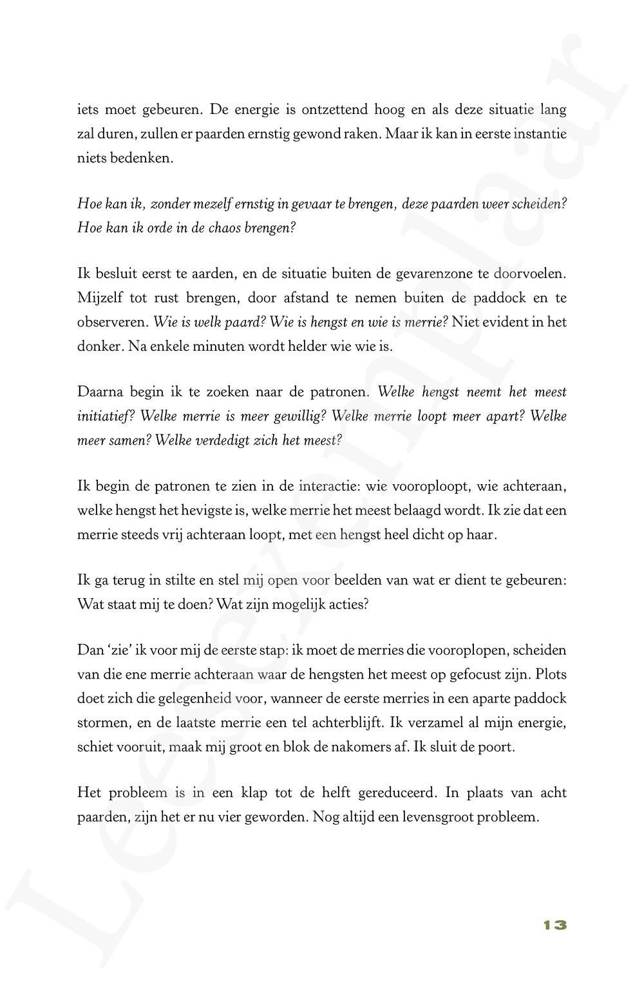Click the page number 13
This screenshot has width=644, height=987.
[554, 925]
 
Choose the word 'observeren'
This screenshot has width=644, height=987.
[112, 322]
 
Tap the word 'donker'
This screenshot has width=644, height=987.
[99, 346]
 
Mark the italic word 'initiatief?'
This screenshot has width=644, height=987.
[106, 417]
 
